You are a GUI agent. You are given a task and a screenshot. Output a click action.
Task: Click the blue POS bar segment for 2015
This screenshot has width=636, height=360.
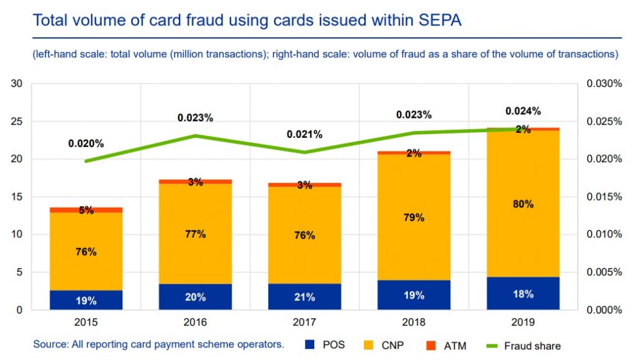[86, 300]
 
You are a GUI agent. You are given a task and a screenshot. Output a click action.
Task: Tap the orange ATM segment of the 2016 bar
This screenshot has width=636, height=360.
[195, 181]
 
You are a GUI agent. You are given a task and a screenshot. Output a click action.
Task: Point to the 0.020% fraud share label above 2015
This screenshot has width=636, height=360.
[86, 143]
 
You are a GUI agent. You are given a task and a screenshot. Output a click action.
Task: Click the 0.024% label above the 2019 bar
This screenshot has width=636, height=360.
[523, 111]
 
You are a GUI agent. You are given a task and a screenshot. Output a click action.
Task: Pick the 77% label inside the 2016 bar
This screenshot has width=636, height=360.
[195, 234]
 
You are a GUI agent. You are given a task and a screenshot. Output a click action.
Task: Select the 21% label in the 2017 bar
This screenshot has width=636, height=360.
[304, 297]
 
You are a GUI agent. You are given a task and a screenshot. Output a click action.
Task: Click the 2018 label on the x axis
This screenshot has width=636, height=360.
[414, 323]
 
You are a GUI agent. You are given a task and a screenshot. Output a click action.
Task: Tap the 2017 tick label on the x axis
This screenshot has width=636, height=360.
[304, 323]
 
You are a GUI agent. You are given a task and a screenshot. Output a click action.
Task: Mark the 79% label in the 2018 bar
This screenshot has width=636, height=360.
[414, 217]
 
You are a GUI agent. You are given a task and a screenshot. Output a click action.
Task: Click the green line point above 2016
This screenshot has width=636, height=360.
[195, 135]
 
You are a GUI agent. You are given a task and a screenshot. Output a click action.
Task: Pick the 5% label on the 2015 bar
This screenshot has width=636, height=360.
[86, 210]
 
